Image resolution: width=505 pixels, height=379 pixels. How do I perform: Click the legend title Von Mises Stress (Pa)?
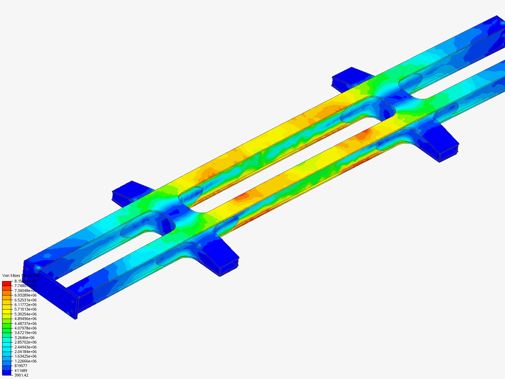coord(20,275)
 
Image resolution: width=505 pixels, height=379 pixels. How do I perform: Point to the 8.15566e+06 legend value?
coord(25,281)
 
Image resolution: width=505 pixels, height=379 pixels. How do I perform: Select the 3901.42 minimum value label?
coord(21,375)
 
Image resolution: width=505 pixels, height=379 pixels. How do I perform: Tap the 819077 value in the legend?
coord(21,366)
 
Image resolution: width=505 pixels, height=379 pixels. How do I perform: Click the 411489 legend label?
coord(21,371)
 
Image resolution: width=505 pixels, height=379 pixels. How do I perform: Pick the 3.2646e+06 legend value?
coord(24,338)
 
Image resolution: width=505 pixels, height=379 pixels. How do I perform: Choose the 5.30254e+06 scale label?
coord(25,314)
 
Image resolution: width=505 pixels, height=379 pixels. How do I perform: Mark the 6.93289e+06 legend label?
coord(25,295)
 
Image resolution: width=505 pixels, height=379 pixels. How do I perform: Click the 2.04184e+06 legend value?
coord(25,352)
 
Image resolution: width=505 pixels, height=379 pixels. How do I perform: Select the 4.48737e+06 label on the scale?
coord(25,324)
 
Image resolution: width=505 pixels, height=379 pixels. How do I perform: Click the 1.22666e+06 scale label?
coord(25,361)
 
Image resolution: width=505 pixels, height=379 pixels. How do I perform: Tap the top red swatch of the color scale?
coord(7,283)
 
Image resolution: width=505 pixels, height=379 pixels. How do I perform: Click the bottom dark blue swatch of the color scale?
coord(7,373)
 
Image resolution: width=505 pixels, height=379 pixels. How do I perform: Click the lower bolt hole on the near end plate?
coord(72,311)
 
